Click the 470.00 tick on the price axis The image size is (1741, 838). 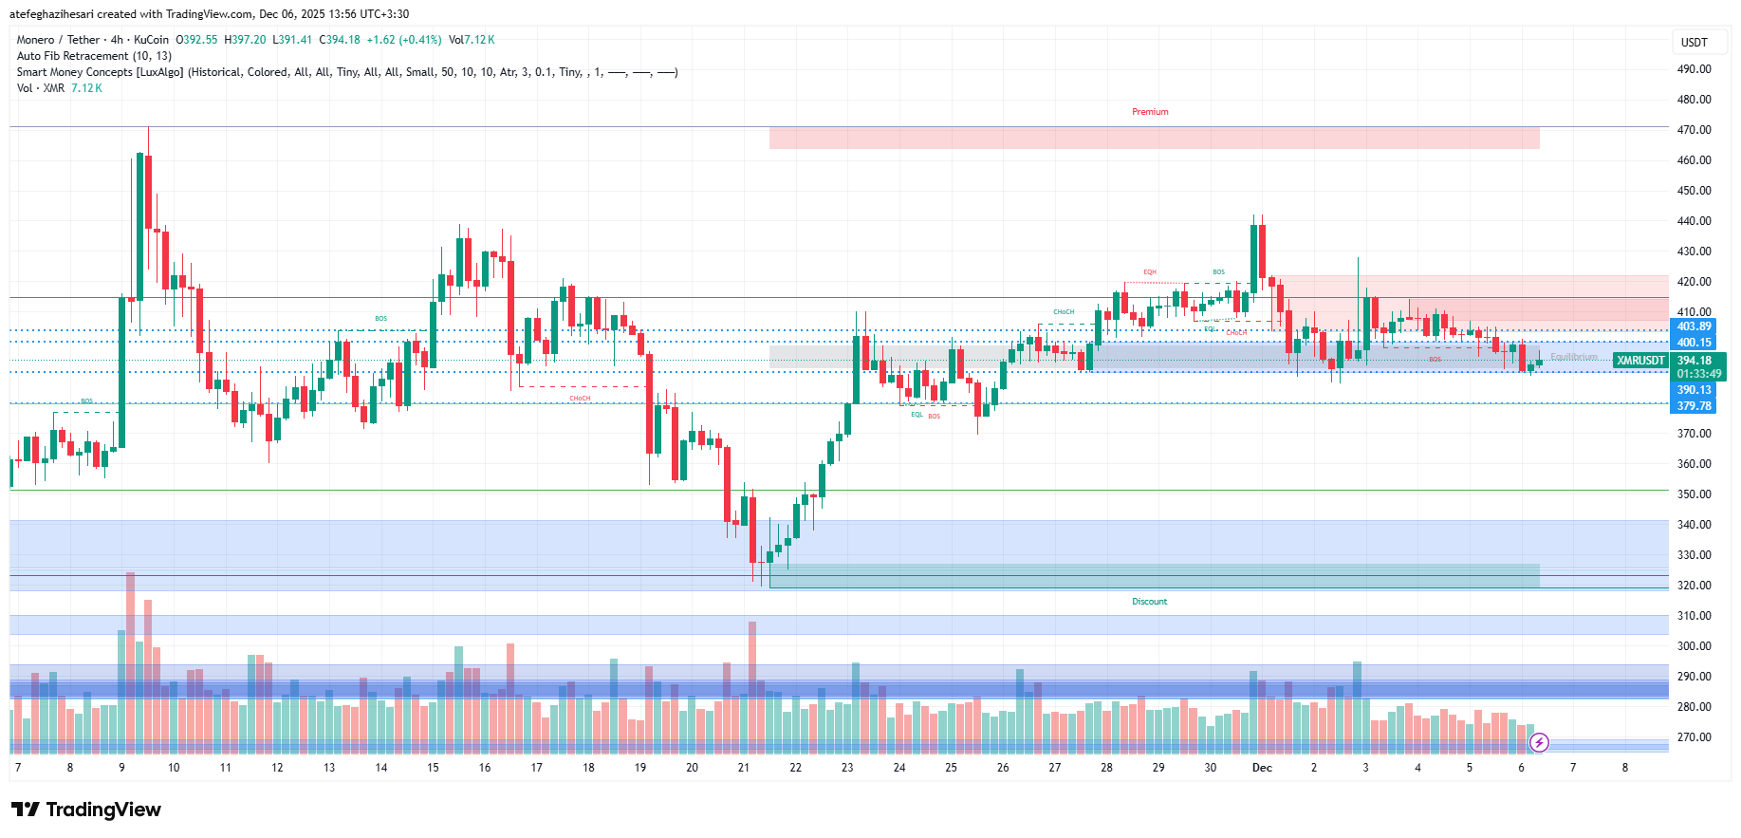pyautogui.click(x=1694, y=130)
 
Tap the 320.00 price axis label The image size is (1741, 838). pyautogui.click(x=1694, y=586)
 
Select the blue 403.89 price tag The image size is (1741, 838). pyautogui.click(x=1694, y=326)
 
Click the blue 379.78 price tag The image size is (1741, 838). pyautogui.click(x=1694, y=406)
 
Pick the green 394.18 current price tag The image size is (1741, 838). pyautogui.click(x=1695, y=361)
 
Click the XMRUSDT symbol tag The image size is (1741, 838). pyautogui.click(x=1640, y=361)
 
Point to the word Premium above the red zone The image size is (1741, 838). pyautogui.click(x=1150, y=112)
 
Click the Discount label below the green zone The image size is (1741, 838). pyautogui.click(x=1149, y=602)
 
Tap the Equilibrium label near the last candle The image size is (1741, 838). pyautogui.click(x=1573, y=357)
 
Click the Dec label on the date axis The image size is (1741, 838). pyautogui.click(x=1262, y=768)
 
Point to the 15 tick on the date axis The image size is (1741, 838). pyautogui.click(x=433, y=768)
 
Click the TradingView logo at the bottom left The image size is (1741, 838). pyautogui.click(x=86, y=810)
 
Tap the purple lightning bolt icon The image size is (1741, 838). pyautogui.click(x=1540, y=742)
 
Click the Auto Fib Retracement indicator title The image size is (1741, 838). pyautogui.click(x=94, y=56)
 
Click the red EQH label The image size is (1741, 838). pyautogui.click(x=1150, y=272)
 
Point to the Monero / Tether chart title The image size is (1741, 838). pyautogui.click(x=58, y=40)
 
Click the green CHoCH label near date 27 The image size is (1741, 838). pyautogui.click(x=1064, y=312)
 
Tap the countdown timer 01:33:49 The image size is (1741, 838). pyautogui.click(x=1698, y=374)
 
